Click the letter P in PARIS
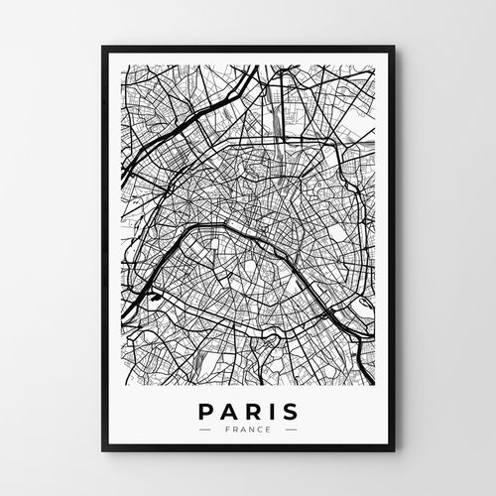(205, 410)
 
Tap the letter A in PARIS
(228, 410)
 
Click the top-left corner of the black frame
(99, 47)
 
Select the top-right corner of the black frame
(394, 47)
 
